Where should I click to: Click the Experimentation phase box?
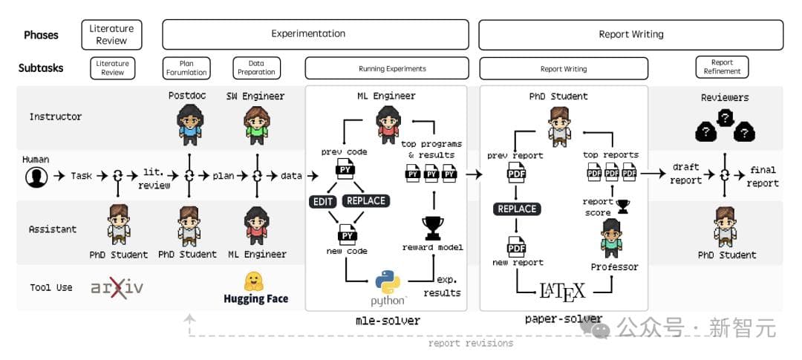[316, 34]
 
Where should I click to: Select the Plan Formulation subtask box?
[186, 68]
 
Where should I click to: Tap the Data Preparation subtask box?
[256, 68]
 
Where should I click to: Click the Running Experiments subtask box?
[387, 68]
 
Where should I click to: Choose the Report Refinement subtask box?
[722, 68]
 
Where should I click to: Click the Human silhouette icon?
[35, 177]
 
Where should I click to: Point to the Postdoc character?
[191, 122]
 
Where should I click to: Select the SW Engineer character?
[256, 122]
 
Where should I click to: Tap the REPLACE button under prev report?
[517, 209]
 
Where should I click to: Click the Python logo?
[388, 283]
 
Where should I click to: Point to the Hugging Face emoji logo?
[255, 281]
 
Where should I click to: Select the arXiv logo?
[117, 288]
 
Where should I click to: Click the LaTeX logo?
[561, 289]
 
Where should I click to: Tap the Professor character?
[614, 238]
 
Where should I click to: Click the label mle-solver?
[387, 321]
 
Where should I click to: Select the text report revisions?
[470, 343]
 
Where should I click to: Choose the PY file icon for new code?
[347, 235]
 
